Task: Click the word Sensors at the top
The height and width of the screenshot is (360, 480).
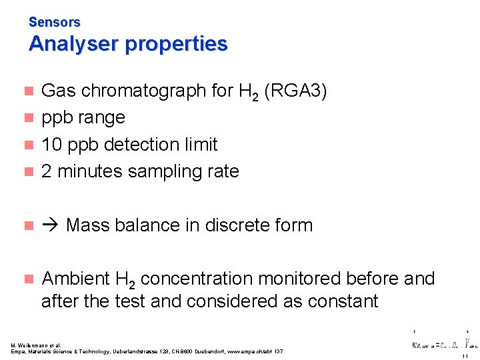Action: pyautogui.click(x=54, y=22)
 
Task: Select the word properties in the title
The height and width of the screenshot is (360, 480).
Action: pyautogui.click(x=176, y=44)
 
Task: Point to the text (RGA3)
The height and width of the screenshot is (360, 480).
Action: pyautogui.click(x=295, y=91)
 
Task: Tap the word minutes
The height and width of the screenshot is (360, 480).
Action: pyautogui.click(x=90, y=171)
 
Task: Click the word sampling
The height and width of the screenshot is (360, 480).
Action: pyautogui.click(x=162, y=171)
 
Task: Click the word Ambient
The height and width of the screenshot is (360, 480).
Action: pyautogui.click(x=75, y=279)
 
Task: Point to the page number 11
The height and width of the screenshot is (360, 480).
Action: pyautogui.click(x=464, y=356)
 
